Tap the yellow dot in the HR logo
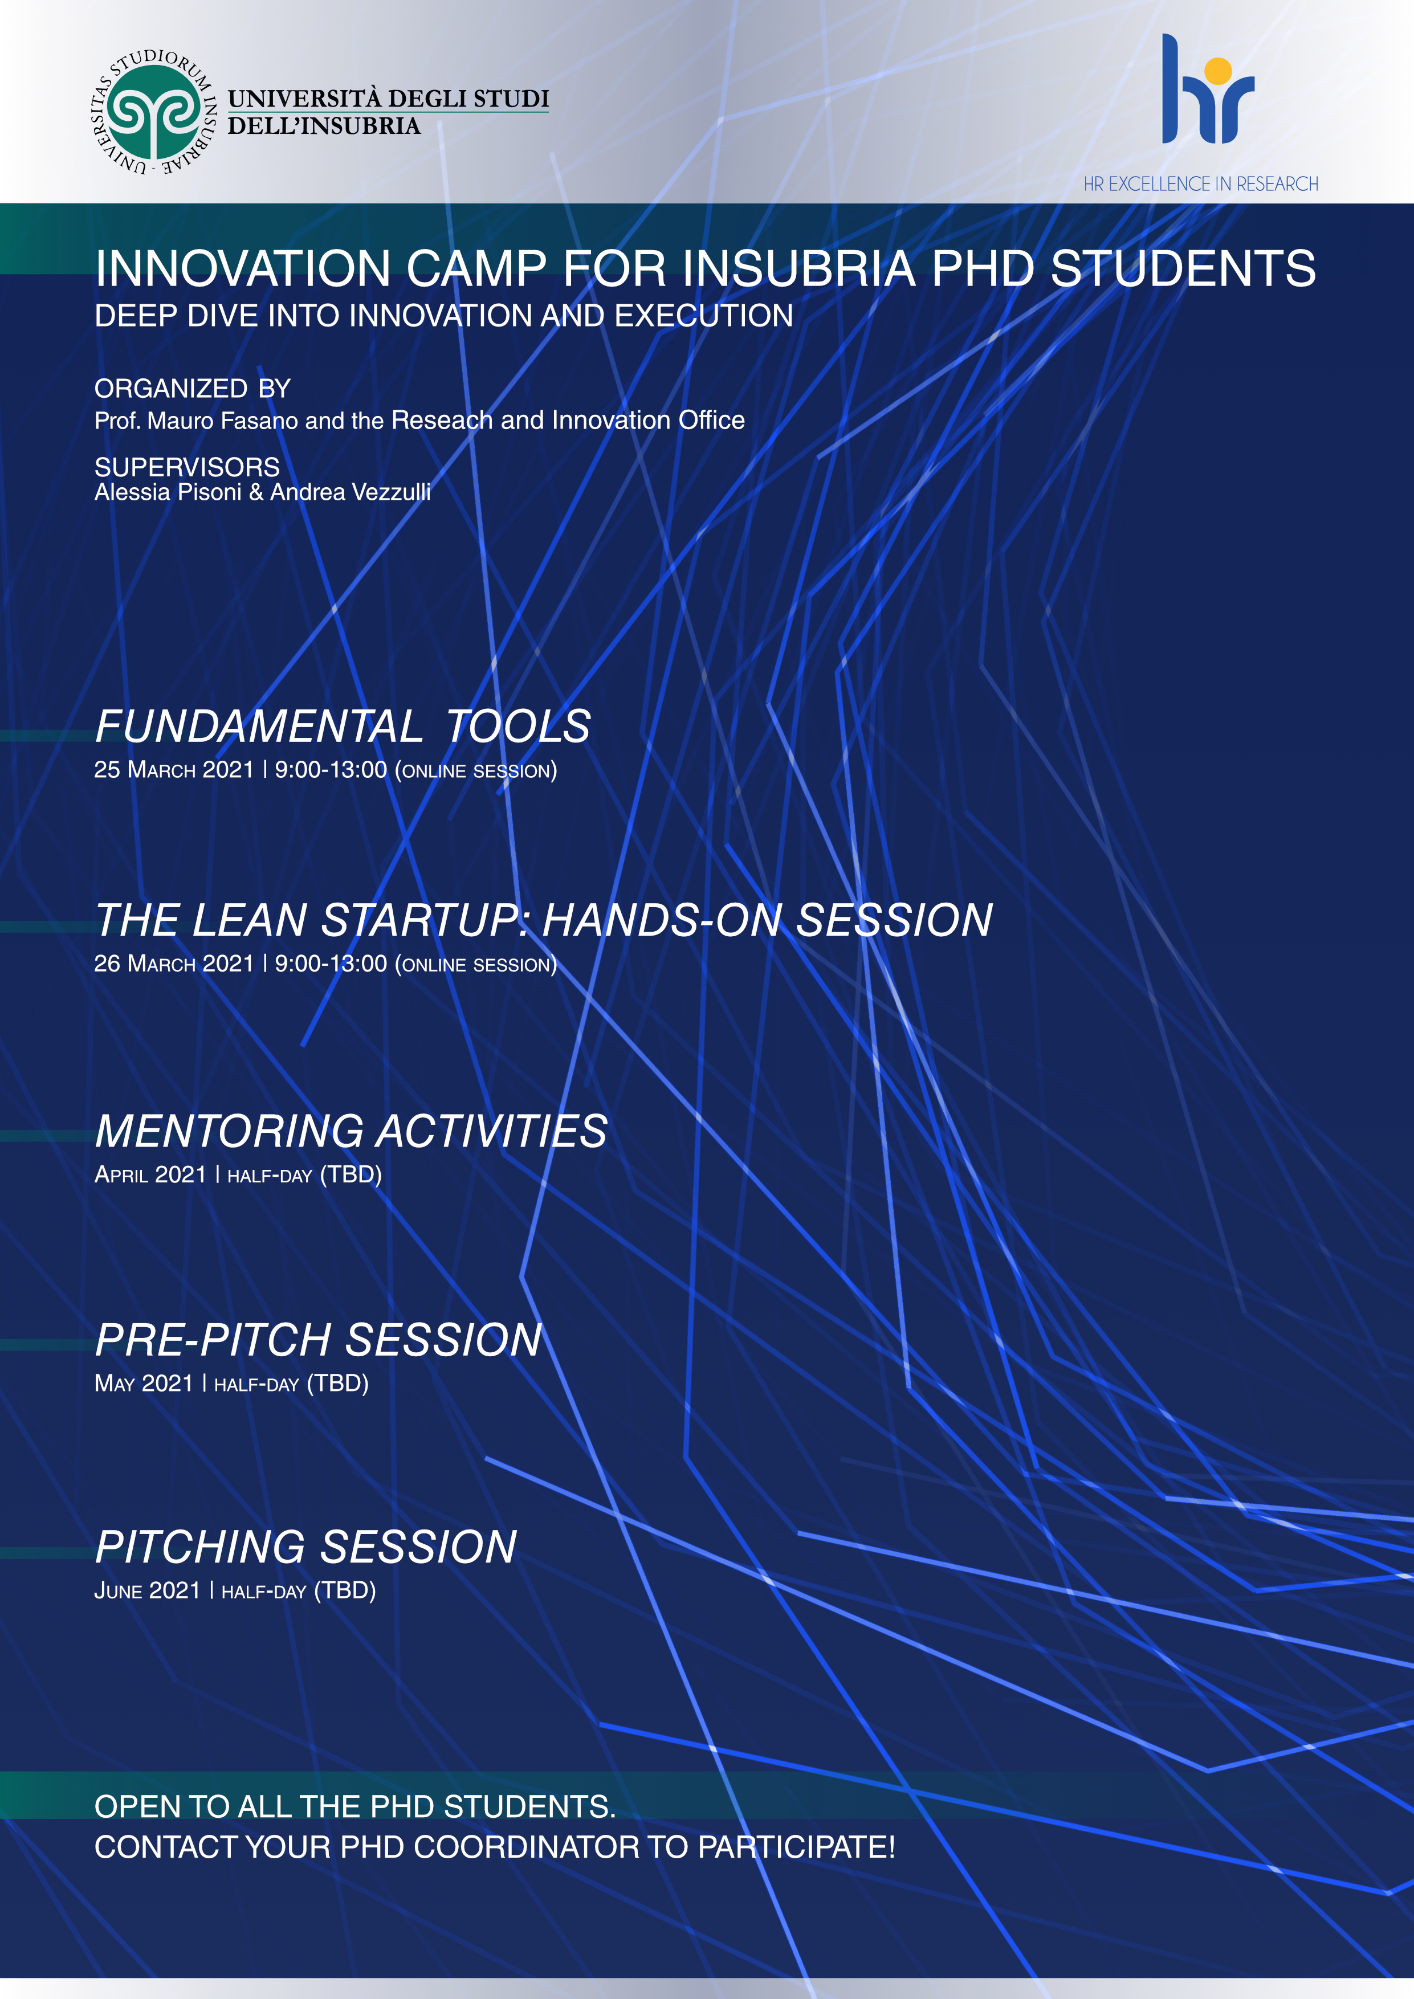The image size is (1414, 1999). tap(1218, 70)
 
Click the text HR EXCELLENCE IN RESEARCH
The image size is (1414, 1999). tap(1201, 183)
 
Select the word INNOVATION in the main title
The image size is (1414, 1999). tap(243, 268)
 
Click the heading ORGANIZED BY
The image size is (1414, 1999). tap(193, 388)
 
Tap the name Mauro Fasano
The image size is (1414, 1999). tap(223, 421)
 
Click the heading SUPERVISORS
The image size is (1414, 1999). tap(187, 467)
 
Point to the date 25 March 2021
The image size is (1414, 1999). tap(173, 770)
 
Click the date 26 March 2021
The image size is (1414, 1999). tap(173, 964)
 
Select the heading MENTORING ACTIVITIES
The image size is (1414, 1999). tap(351, 1131)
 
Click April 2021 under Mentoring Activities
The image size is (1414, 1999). tap(150, 1174)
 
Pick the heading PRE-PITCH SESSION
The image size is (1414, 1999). tap(319, 1340)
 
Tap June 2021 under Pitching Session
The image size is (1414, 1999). tap(147, 1590)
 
